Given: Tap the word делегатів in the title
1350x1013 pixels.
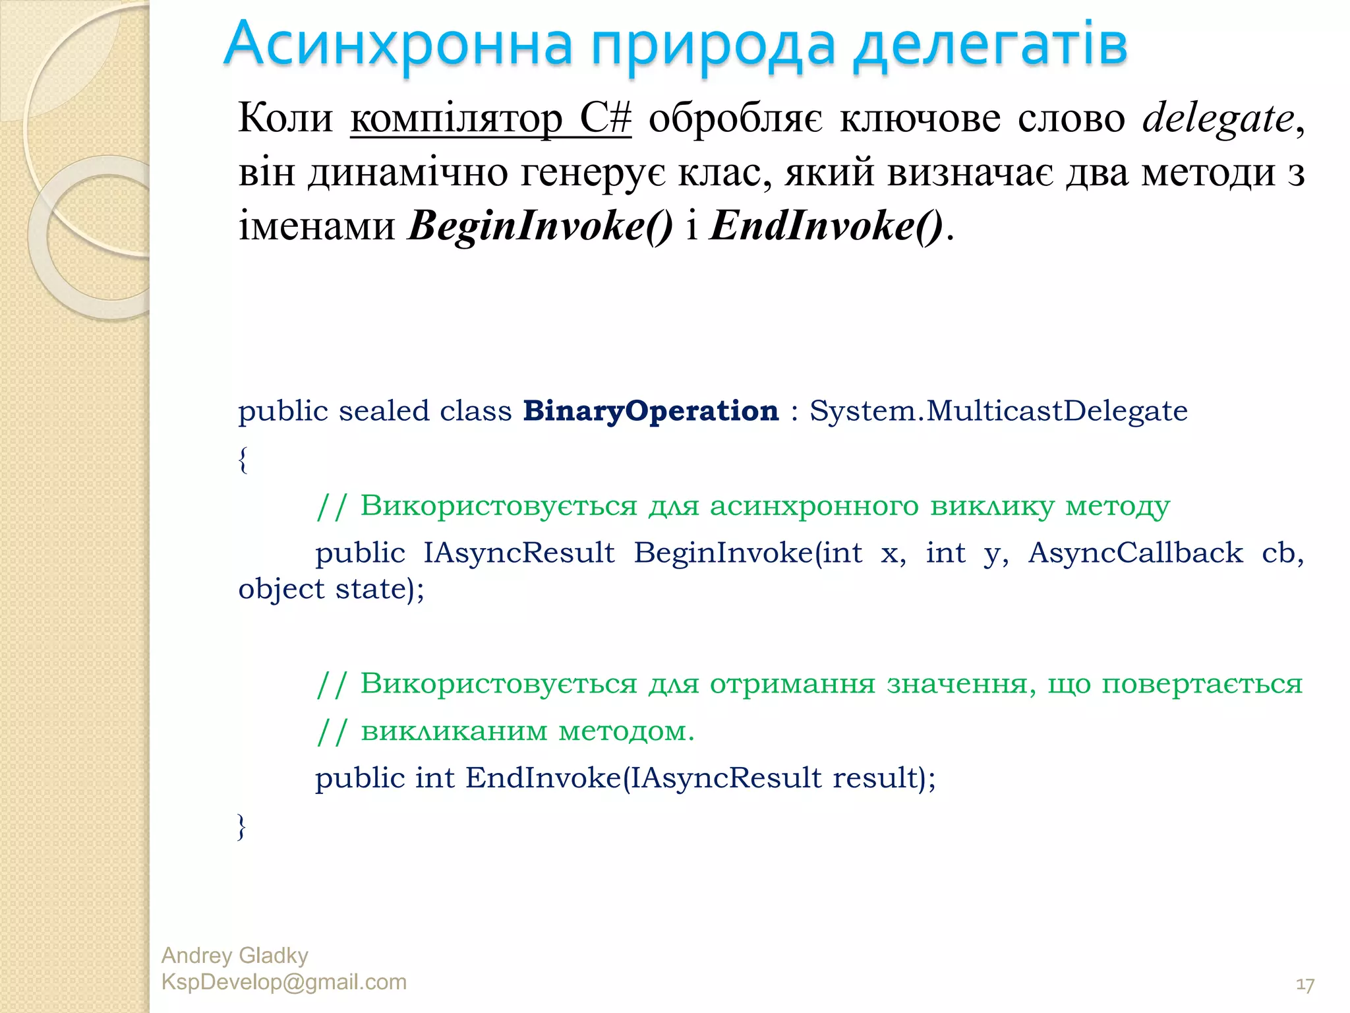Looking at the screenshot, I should click(990, 45).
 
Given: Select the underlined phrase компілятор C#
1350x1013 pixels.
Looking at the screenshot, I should click(490, 119).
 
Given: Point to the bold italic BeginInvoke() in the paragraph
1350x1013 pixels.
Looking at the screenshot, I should click(541, 226).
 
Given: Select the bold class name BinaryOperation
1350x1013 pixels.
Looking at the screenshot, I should click(651, 411).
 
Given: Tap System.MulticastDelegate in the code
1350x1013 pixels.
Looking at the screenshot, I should click(998, 411).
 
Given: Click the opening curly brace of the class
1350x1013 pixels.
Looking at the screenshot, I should click(243, 459).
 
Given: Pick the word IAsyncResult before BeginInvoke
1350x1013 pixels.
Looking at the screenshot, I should click(519, 553).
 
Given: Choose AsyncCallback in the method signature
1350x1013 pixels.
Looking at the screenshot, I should click(1135, 553).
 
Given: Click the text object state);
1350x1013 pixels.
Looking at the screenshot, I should click(331, 589).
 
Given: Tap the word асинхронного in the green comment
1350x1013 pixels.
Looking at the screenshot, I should click(813, 506).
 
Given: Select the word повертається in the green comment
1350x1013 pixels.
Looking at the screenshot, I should click(1202, 684).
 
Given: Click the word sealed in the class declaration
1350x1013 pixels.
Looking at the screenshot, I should click(384, 411).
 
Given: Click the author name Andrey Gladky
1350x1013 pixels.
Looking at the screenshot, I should click(235, 956).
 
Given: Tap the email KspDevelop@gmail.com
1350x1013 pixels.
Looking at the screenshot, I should click(283, 982).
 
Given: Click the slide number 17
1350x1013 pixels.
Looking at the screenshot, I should click(1305, 985).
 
